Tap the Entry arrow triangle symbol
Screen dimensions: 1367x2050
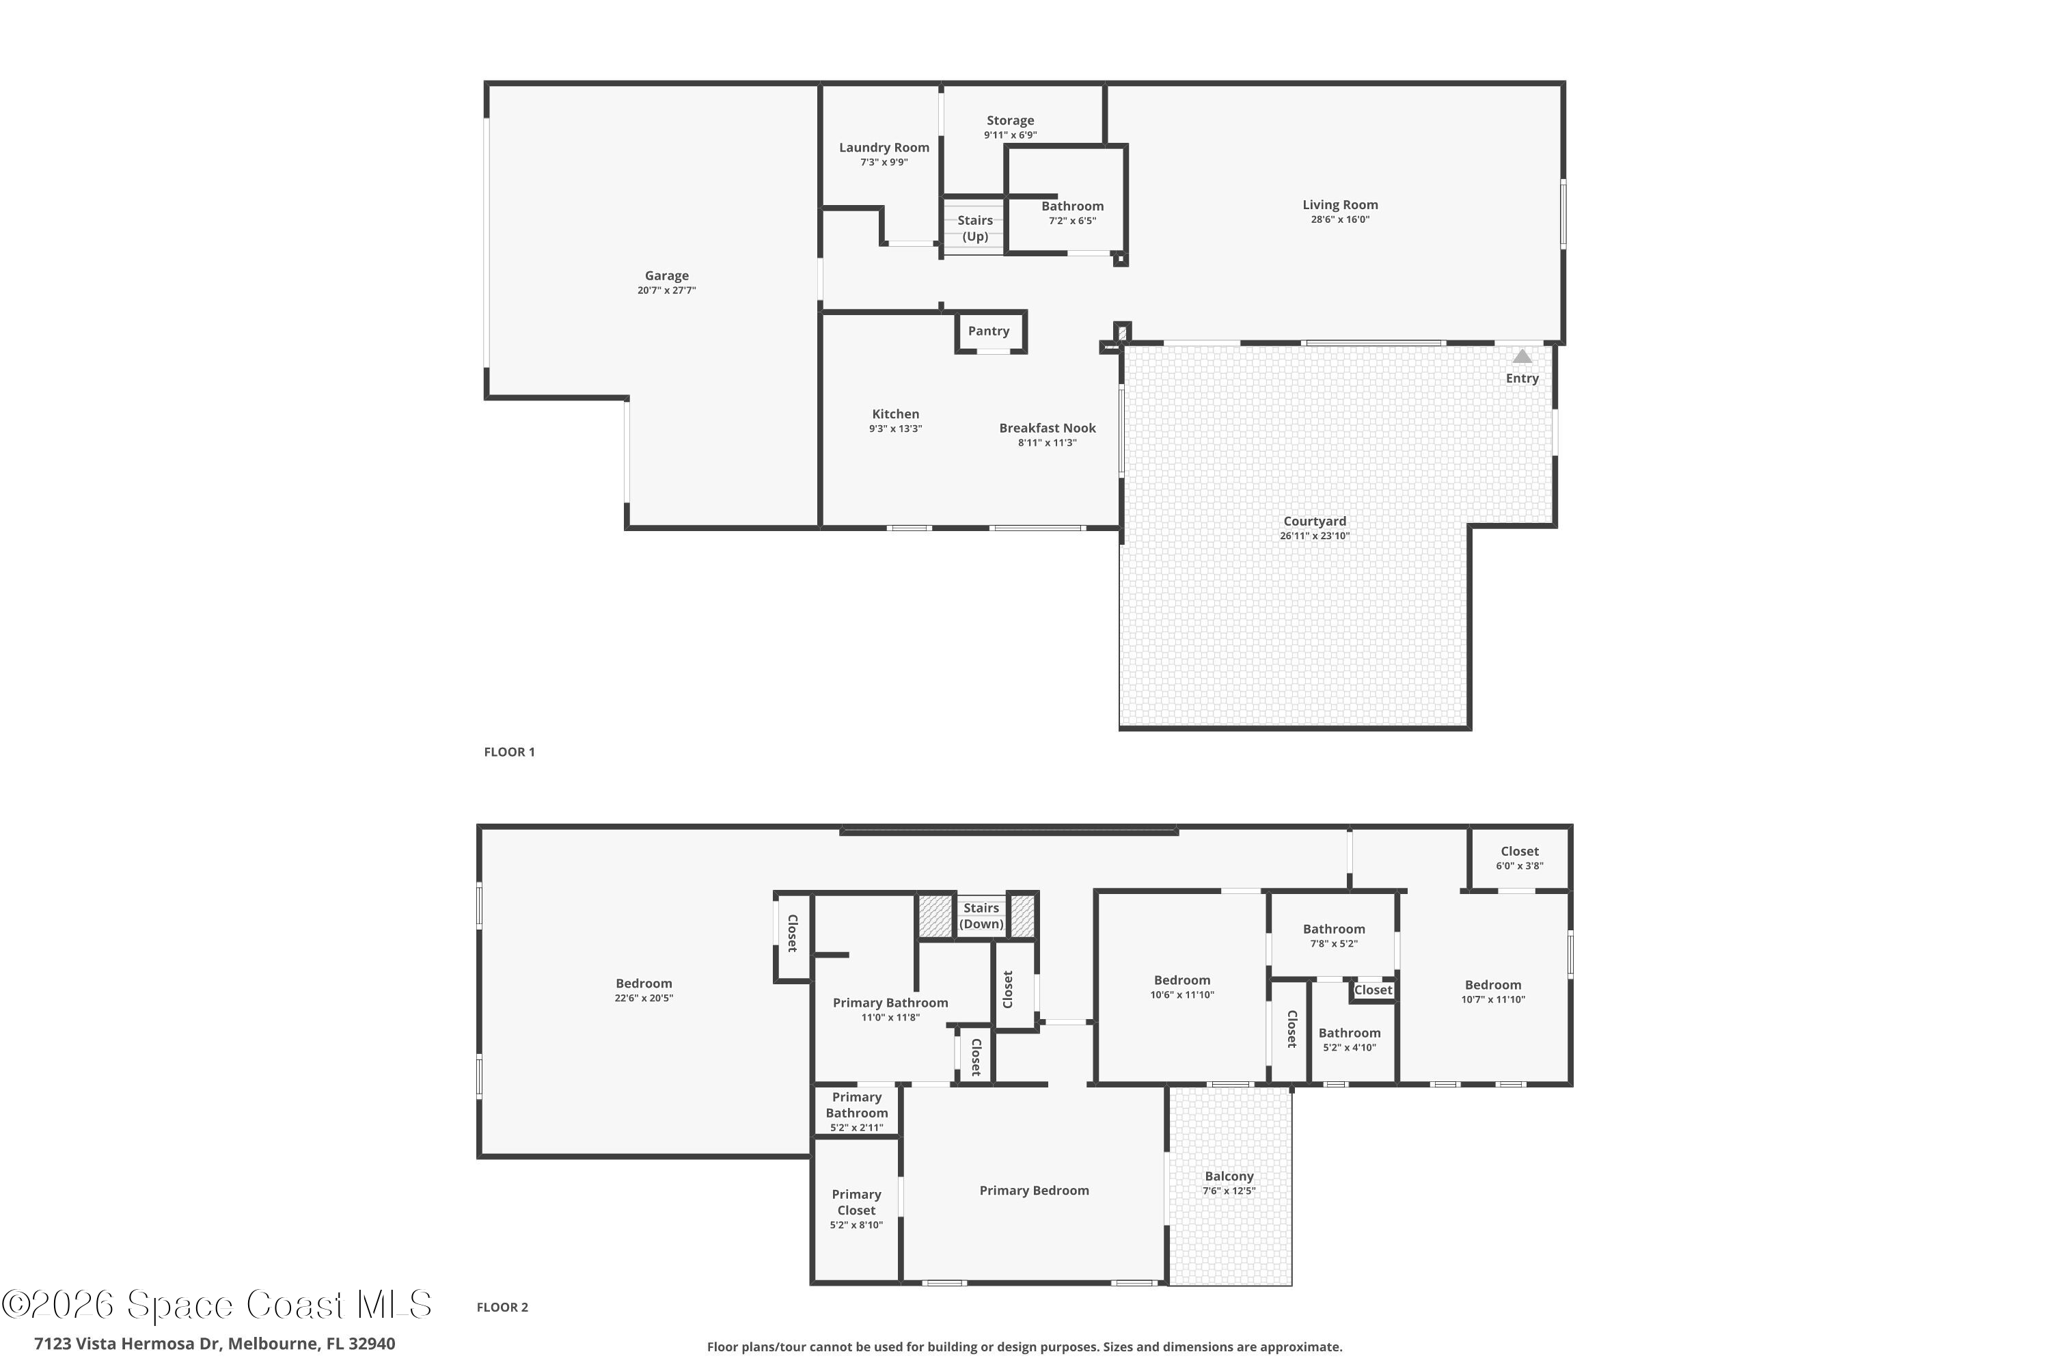pyautogui.click(x=1522, y=357)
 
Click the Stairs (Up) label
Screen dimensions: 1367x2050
pyautogui.click(x=974, y=228)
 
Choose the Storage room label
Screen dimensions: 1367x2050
pyautogui.click(x=1010, y=120)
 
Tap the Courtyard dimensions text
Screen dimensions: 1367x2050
pyautogui.click(x=1314, y=536)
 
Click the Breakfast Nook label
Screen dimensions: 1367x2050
pyautogui.click(x=1047, y=428)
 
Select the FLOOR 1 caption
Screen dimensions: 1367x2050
pyautogui.click(x=509, y=751)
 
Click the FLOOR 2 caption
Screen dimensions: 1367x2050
pyautogui.click(x=502, y=1307)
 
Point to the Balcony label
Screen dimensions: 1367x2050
pyautogui.click(x=1229, y=1176)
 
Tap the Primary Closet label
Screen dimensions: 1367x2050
pyautogui.click(x=856, y=1202)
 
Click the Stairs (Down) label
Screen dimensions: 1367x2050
pyautogui.click(x=981, y=915)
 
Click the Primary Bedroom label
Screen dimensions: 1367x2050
pyautogui.click(x=1034, y=1191)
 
